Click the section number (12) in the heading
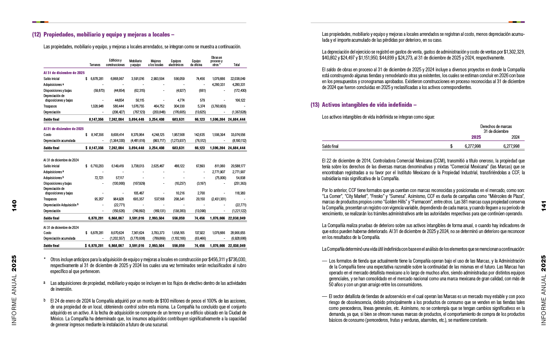coord(37,35)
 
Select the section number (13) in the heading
coord(315,105)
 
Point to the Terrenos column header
coord(95,65)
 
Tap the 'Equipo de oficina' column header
coord(196,63)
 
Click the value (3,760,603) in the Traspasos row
coord(218,106)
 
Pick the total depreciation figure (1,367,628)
coord(239,112)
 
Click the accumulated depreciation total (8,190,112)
coord(239,141)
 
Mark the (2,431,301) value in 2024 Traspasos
coord(218,199)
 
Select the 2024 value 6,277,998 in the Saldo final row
coord(511,146)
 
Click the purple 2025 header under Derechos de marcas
coord(476,137)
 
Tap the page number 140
coord(14,206)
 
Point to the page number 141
coord(543,206)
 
